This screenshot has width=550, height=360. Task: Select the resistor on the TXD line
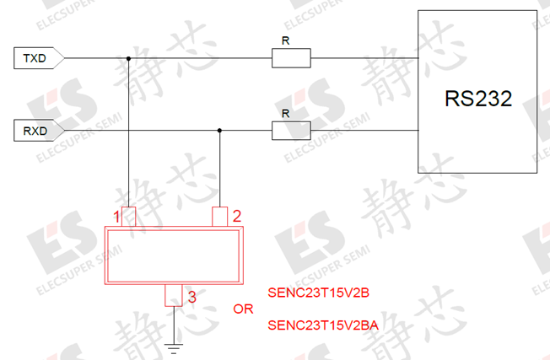tap(291, 58)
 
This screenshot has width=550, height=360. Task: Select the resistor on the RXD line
tap(291, 131)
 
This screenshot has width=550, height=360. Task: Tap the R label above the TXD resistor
tap(285, 40)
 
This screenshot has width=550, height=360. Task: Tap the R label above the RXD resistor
tap(285, 114)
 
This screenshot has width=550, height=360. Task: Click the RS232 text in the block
tap(478, 99)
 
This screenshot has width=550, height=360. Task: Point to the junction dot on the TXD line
tap(128, 58)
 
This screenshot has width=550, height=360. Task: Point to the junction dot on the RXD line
tap(219, 131)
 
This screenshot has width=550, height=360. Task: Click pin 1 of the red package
tap(128, 217)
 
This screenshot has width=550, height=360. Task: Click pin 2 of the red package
tap(220, 217)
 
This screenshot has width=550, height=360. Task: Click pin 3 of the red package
tap(174, 295)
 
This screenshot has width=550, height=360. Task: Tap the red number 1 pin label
tap(116, 217)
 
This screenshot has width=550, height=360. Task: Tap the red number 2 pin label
tap(237, 217)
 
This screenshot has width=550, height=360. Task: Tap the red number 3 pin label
tap(191, 298)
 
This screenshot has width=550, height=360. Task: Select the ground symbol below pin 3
tap(174, 349)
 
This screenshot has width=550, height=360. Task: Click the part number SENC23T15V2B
tap(319, 293)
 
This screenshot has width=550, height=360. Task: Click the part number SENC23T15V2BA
tap(323, 325)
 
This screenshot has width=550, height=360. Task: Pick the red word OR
tap(243, 309)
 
